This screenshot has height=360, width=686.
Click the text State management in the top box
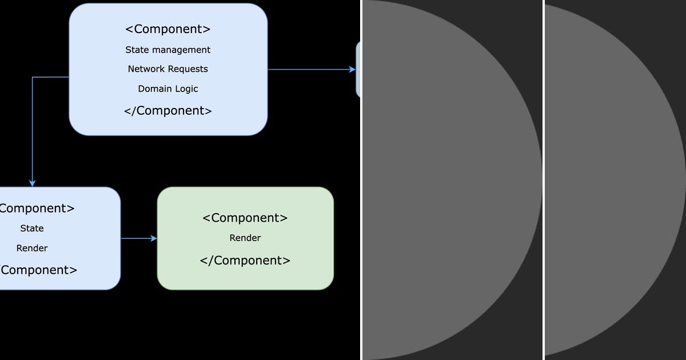(x=168, y=50)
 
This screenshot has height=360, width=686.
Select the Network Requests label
(x=168, y=69)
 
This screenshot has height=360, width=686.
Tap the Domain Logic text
(x=168, y=89)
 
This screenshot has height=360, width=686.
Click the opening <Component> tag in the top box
(x=168, y=29)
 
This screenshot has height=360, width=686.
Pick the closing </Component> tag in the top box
(x=168, y=111)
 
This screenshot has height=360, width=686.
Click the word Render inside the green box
(x=245, y=238)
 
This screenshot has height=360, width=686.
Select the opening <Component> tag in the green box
(x=245, y=218)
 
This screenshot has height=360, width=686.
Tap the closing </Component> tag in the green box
(x=245, y=261)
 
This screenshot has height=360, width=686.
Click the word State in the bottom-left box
(x=32, y=228)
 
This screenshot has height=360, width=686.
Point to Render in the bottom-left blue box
(x=32, y=248)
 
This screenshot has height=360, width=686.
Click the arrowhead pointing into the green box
(x=154, y=238)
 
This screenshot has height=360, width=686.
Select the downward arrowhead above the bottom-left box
(x=33, y=183)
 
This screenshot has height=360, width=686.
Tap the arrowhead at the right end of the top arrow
(x=352, y=70)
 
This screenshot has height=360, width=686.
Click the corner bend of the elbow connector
(x=33, y=77)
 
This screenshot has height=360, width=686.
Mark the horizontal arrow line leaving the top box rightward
(x=309, y=70)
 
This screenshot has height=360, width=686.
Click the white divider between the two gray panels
(x=543, y=180)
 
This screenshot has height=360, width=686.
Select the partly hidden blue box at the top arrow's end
(x=358, y=70)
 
